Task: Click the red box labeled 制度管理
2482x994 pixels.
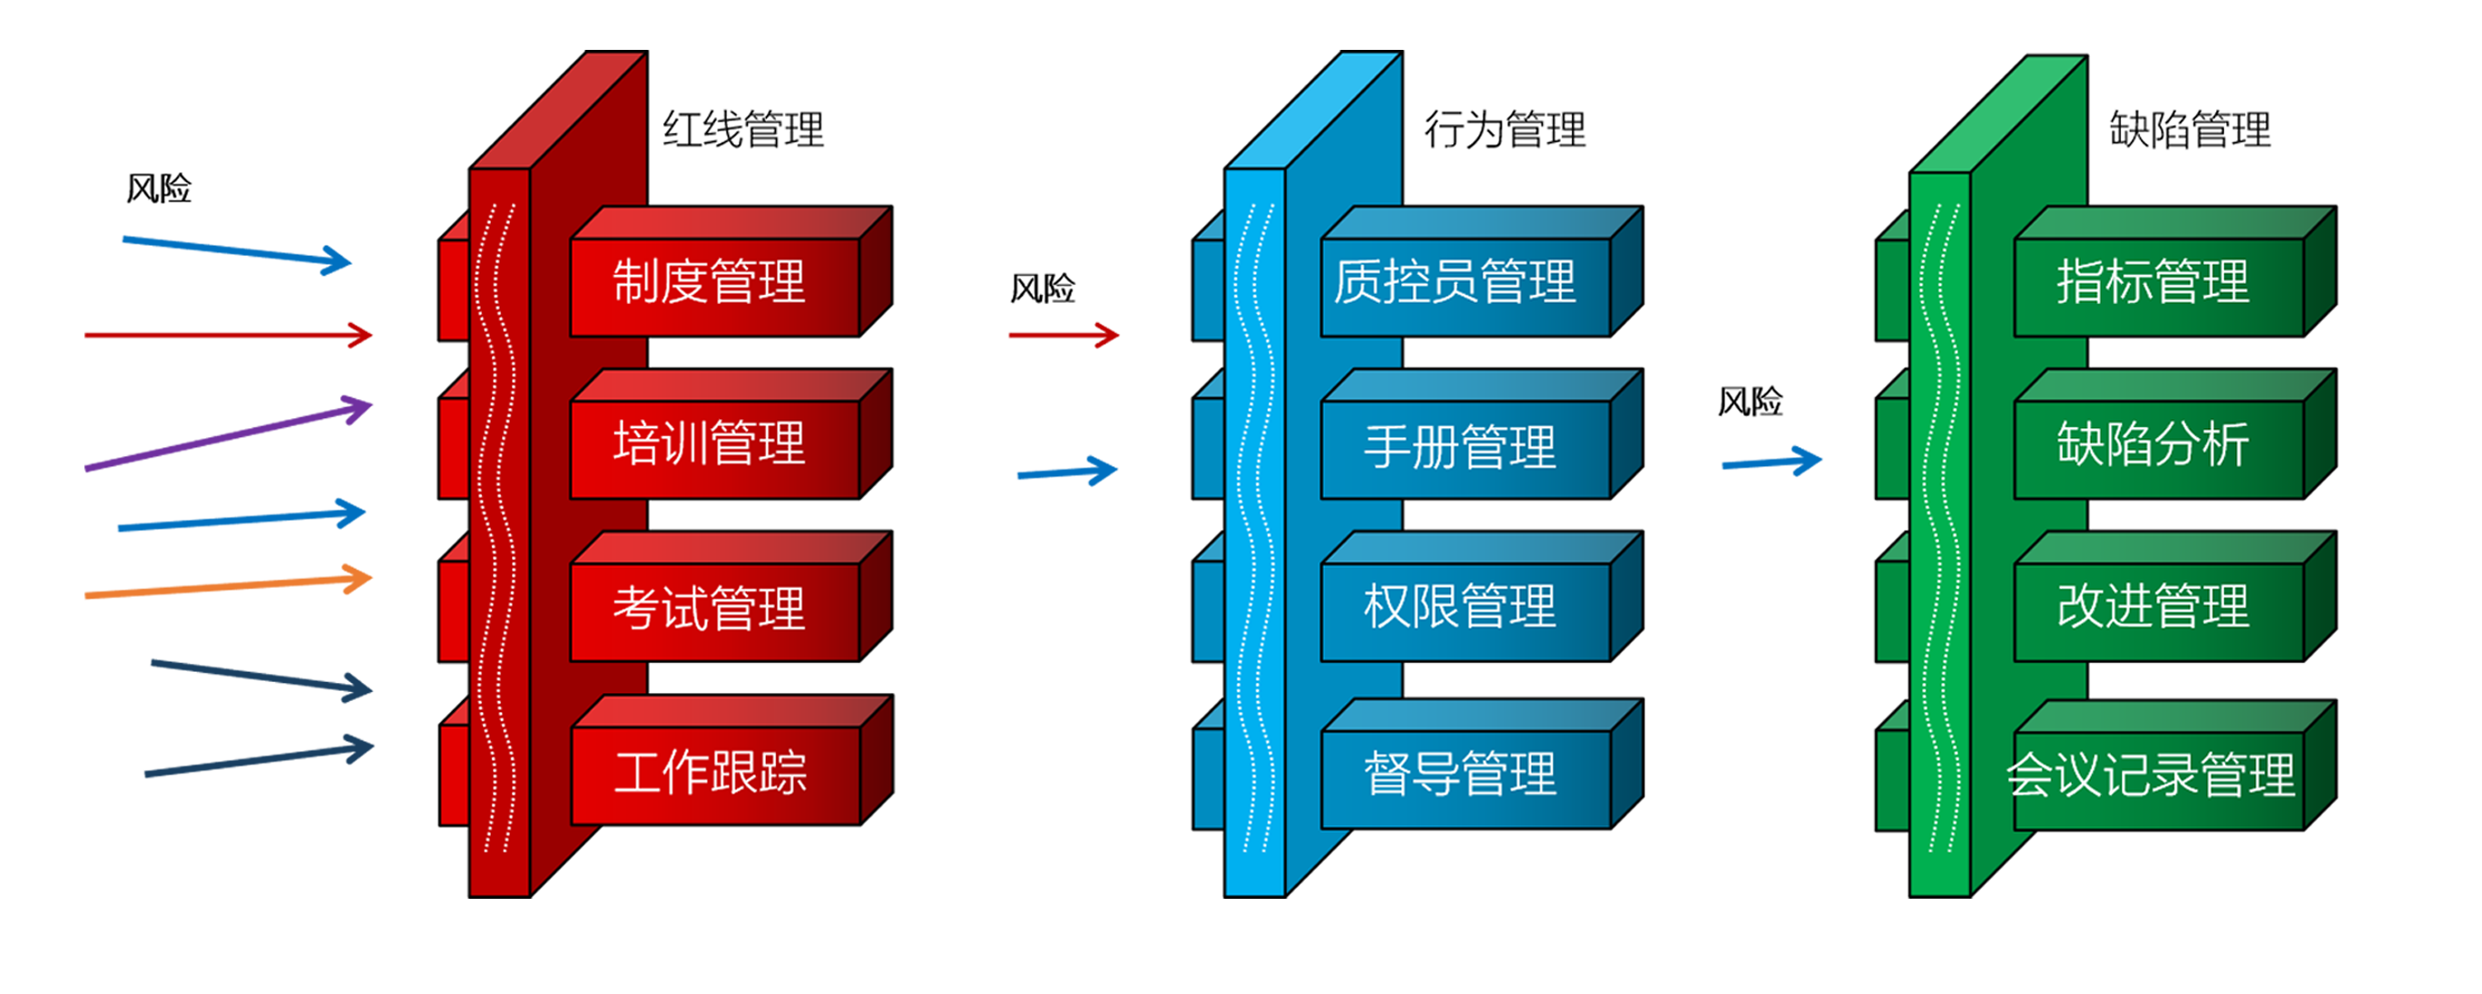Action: [x=713, y=285]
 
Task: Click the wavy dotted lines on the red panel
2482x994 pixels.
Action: [x=498, y=530]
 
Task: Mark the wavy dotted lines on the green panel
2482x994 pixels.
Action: [x=1939, y=530]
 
